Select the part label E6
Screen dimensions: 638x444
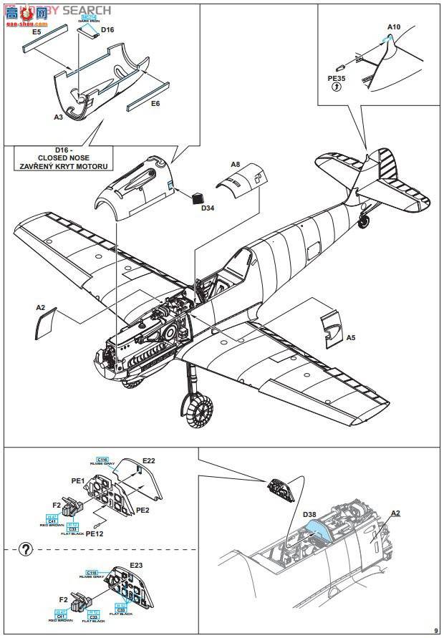coord(155,103)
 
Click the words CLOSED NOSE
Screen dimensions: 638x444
coord(62,158)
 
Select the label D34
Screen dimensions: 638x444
coord(208,208)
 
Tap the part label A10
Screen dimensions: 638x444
coord(395,27)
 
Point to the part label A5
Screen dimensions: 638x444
coord(350,337)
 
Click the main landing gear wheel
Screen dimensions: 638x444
coord(198,413)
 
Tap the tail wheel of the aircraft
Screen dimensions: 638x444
coord(364,222)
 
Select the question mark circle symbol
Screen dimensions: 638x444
coord(26,549)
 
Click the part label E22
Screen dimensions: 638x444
coord(148,460)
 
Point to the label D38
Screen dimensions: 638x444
coord(309,514)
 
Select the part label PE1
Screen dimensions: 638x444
coord(77,481)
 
